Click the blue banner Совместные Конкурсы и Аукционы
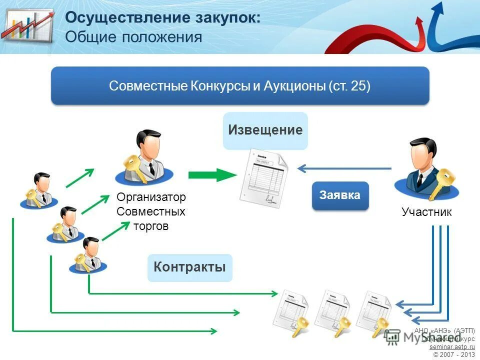coord(240,85)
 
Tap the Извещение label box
coord(265,130)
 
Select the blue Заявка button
coord(340,195)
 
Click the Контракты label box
coord(189,267)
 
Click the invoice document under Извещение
coord(264,179)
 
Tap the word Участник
coord(426,212)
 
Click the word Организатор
coord(150,197)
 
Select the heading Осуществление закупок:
coord(163,17)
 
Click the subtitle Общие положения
coord(133,37)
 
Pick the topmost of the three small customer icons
coord(39,190)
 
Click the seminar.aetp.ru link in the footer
coord(452,346)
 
